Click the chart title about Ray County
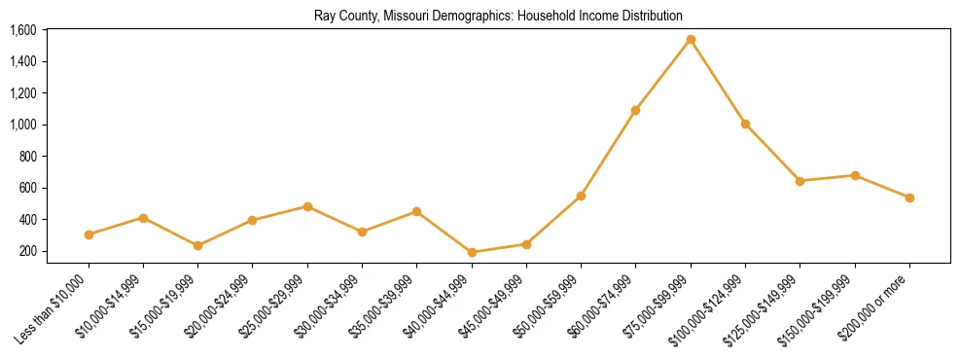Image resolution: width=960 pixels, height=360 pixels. (498, 16)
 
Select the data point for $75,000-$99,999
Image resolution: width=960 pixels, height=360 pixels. (691, 40)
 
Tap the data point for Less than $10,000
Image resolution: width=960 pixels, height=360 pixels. (89, 234)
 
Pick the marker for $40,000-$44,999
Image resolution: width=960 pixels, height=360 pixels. (472, 253)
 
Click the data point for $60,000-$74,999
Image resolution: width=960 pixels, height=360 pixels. (635, 110)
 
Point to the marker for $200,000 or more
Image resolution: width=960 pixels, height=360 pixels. (909, 198)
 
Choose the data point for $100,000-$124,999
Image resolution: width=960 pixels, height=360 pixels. (745, 125)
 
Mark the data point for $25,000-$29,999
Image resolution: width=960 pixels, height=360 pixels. (307, 206)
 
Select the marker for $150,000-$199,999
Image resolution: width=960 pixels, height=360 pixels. (855, 175)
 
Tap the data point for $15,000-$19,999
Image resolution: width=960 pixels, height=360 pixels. (197, 245)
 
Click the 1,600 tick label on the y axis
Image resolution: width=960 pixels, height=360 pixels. (22, 30)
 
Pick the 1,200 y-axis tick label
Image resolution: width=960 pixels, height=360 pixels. (22, 93)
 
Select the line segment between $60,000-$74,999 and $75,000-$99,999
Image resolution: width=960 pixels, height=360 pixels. (663, 75)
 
